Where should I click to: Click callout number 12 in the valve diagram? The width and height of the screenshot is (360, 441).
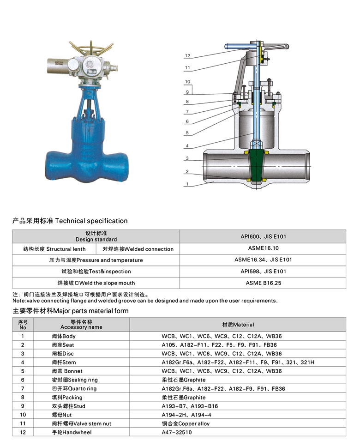[x=187, y=55]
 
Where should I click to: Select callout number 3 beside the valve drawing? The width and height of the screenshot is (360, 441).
[x=187, y=158]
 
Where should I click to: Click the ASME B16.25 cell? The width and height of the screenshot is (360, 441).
[x=263, y=283]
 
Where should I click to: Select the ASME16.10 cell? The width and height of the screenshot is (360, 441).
[x=263, y=248]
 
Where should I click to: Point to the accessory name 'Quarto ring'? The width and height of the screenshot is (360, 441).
[x=74, y=388]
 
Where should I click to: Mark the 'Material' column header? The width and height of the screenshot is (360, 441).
[x=238, y=325]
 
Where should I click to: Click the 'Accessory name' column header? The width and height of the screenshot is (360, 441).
[x=81, y=325]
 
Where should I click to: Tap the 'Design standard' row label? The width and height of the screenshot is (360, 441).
[x=96, y=236]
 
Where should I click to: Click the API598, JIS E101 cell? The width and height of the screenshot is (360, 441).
[x=263, y=271]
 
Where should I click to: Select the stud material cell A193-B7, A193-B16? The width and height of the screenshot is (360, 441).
[x=189, y=406]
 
